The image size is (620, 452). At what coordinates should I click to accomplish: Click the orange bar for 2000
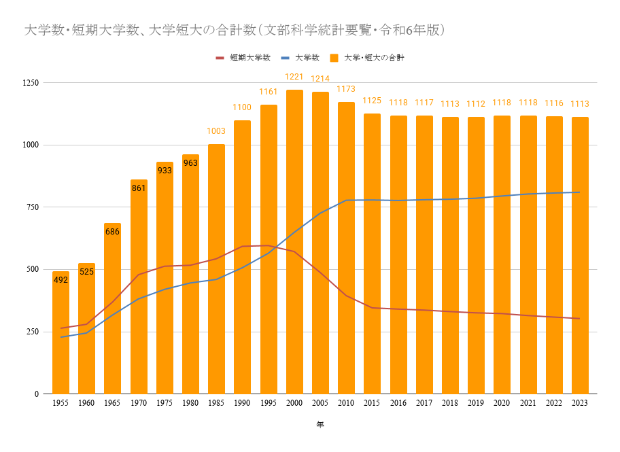[x=294, y=241]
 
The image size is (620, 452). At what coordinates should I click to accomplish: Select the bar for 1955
[x=61, y=332]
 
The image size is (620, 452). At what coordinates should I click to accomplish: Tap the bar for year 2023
[x=580, y=256]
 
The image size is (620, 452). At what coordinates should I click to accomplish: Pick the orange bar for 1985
[x=216, y=269]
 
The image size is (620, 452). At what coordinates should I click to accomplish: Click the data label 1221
[x=294, y=77]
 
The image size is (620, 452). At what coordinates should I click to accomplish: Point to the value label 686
[x=112, y=232]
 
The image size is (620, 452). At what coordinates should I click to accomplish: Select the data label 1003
[x=216, y=131]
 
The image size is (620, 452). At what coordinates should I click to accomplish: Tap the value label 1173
[x=346, y=89]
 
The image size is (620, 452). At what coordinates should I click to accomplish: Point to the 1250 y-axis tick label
[x=31, y=83]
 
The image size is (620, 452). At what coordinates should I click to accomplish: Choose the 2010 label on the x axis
[x=346, y=403]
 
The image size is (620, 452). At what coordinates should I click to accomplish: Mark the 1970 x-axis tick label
[x=139, y=403]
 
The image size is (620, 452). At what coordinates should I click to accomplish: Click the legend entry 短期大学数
[x=243, y=58]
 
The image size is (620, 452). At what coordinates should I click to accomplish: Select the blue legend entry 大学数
[x=300, y=58]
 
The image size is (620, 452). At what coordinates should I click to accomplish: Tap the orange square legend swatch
[x=334, y=58]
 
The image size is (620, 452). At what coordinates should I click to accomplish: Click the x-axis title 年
[x=320, y=425]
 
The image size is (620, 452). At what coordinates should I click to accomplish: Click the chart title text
[x=235, y=30]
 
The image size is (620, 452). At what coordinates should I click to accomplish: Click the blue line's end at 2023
[x=580, y=192]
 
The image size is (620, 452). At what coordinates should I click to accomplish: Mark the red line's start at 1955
[x=61, y=328]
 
